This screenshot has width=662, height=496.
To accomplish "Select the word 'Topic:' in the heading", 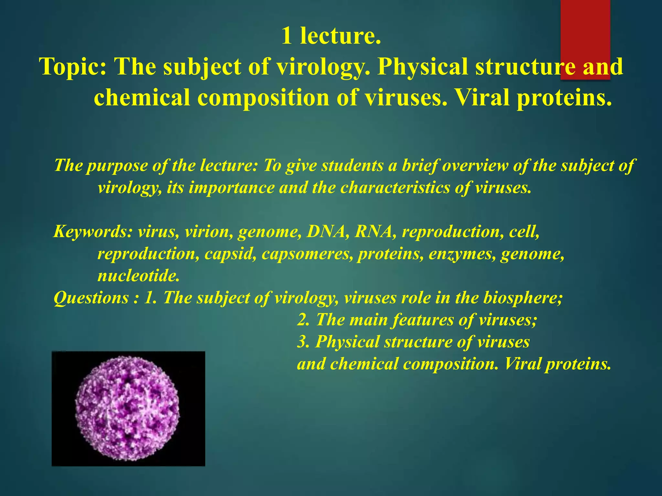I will coord(73,67).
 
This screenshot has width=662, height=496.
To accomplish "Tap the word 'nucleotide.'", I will coord(138,276).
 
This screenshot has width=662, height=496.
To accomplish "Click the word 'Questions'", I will coord(91,298).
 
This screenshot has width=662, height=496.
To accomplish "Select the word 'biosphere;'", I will coord(523,298).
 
